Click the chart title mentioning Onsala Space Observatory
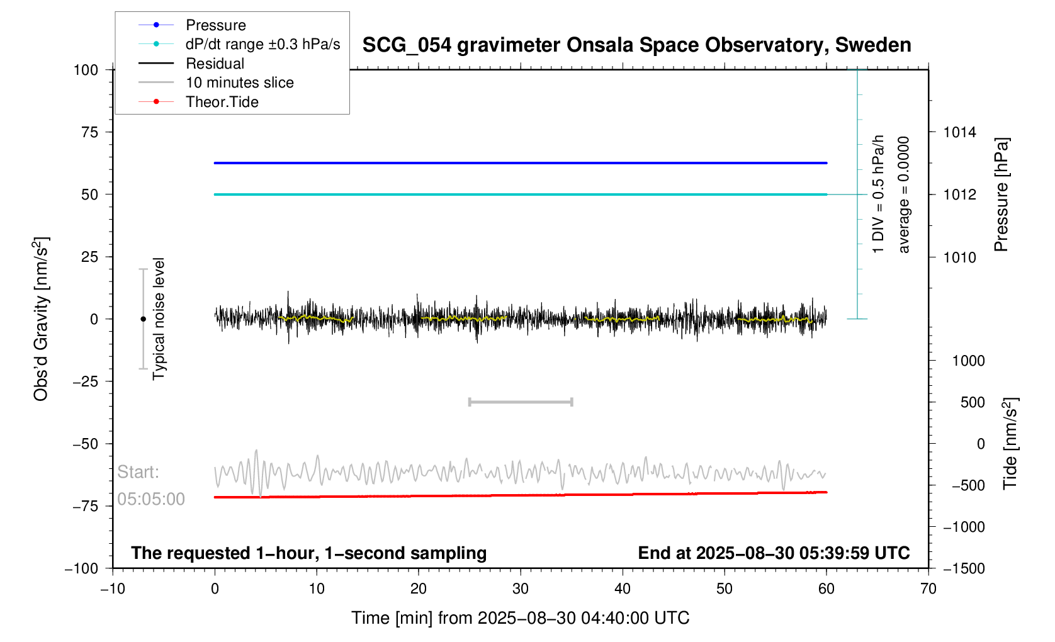tap(636, 45)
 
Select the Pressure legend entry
tap(215, 25)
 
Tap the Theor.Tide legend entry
tap(222, 102)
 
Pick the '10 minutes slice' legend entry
tap(239, 82)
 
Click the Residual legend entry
tap(215, 64)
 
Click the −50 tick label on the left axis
tap(86, 444)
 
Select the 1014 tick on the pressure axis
tap(959, 132)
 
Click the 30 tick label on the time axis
tap(521, 589)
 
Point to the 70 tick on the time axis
tap(928, 589)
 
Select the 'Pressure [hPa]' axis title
tap(1001, 194)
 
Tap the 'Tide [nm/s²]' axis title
tap(1010, 443)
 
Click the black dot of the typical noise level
tap(143, 319)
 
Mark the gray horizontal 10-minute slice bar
tap(521, 402)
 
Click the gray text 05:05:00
tap(151, 499)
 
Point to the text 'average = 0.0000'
tap(904, 194)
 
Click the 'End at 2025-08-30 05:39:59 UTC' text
tap(774, 553)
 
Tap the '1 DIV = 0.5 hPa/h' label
tap(878, 194)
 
